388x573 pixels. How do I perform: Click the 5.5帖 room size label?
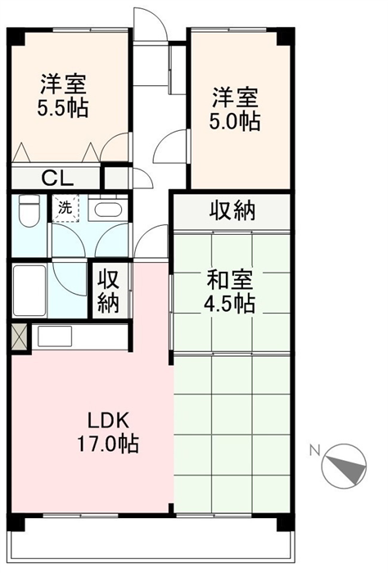pos(63,107)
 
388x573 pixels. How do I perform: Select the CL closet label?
pos(57,178)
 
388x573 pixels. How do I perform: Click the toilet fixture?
pos(29,210)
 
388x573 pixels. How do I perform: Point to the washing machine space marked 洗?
pos(65,208)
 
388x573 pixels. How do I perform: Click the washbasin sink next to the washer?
pos(108,209)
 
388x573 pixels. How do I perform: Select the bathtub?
pos(29,291)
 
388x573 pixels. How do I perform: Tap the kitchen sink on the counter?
pos(55,336)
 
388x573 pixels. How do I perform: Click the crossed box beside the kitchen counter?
pos(20,337)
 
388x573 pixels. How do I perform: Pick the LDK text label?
pos(108,421)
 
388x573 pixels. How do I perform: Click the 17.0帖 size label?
pos(108,444)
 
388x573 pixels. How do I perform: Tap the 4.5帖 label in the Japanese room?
pos(229,304)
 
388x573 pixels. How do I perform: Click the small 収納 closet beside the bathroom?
pos(109,291)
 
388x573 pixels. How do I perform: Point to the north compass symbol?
pos(344,466)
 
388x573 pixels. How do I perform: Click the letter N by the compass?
pos(314,450)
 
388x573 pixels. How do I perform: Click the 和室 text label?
pos(229,280)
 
